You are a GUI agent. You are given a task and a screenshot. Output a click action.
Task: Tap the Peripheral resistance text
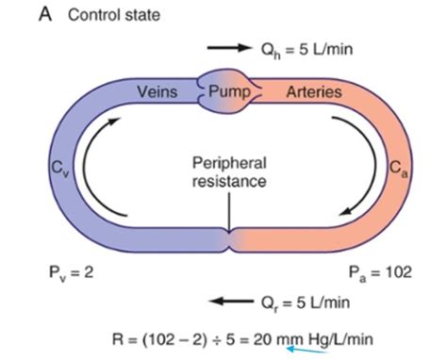coord(229,169)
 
